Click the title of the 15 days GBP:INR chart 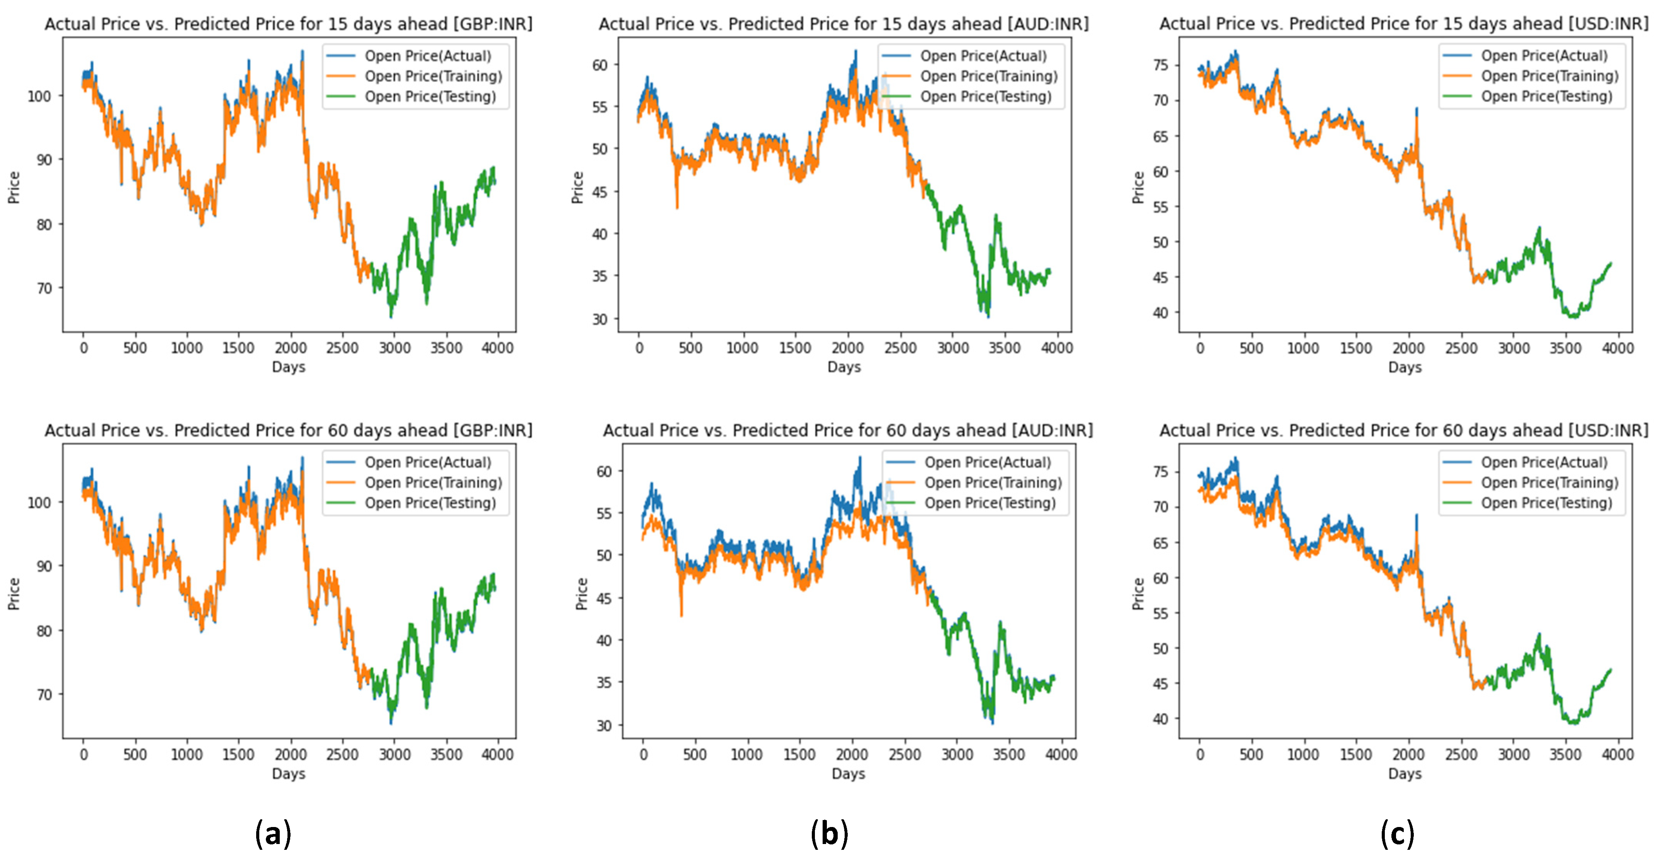click(288, 24)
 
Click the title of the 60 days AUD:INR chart click(848, 430)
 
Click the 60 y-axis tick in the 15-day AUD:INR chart click(600, 65)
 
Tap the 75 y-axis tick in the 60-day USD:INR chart click(1160, 472)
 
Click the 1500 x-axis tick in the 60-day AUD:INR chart click(799, 755)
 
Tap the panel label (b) click(829, 834)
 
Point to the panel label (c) click(1397, 834)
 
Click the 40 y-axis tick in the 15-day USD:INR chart click(1160, 313)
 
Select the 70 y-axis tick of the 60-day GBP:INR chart click(44, 695)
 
